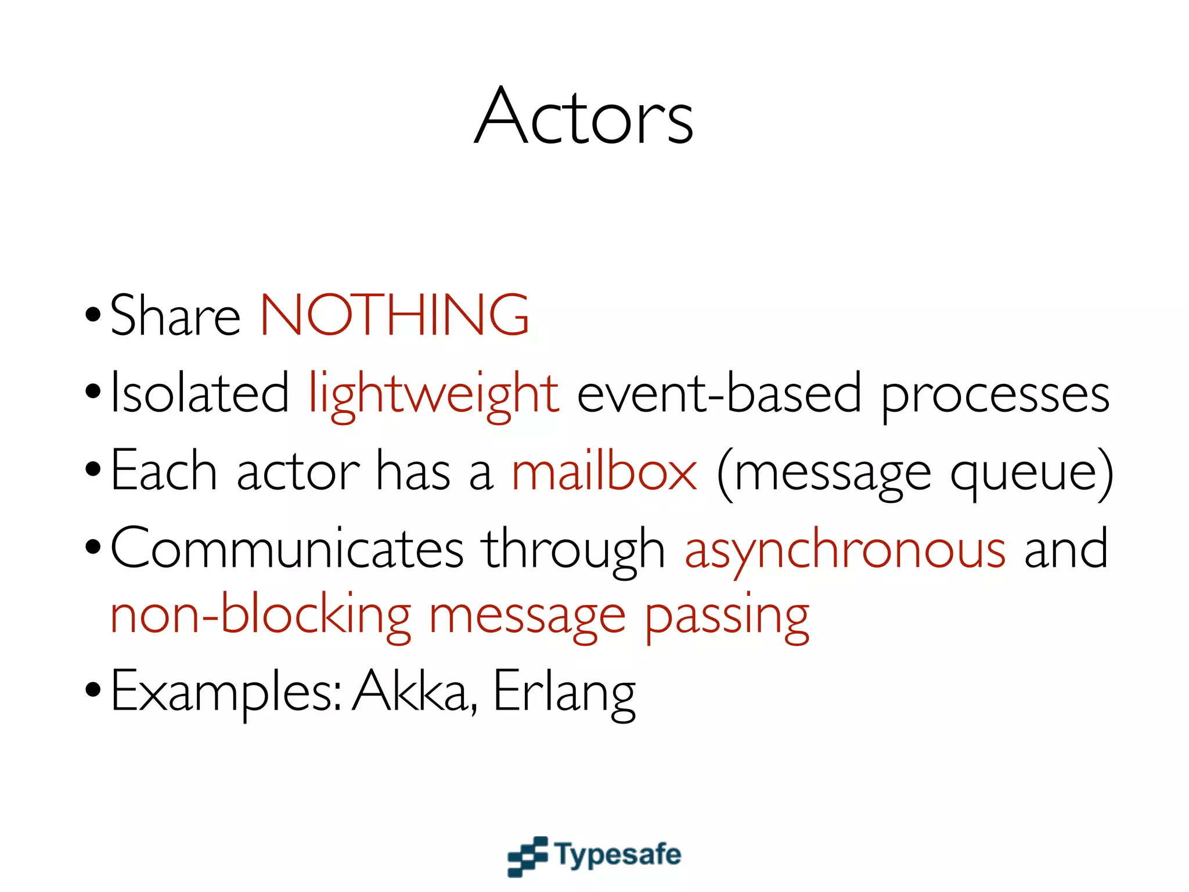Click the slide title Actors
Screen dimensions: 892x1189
(583, 116)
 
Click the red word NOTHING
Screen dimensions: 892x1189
(394, 315)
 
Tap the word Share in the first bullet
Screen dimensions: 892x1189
(175, 316)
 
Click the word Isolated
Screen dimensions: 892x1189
(199, 394)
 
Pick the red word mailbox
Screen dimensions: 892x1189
(604, 472)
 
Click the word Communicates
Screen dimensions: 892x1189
(287, 549)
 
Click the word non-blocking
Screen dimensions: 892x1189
(261, 616)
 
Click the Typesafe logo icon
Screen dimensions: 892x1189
(527, 855)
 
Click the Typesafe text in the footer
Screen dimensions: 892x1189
(618, 855)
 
